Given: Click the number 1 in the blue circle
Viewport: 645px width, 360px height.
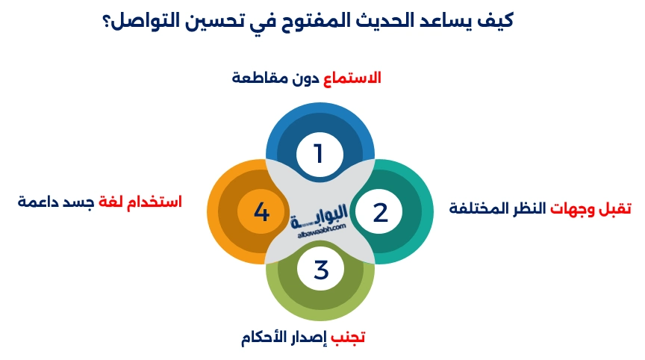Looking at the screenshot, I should click(319, 154).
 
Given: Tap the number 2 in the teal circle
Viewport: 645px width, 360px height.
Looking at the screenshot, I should click(381, 213).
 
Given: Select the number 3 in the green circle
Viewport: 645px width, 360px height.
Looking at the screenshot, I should click(321, 269).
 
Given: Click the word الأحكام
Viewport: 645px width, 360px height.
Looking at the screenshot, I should click(266, 337).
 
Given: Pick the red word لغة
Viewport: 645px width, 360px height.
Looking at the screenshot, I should click(110, 202).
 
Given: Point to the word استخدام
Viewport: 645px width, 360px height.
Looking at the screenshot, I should click(153, 202).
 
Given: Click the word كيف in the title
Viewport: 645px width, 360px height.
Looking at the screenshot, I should click(496, 19).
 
